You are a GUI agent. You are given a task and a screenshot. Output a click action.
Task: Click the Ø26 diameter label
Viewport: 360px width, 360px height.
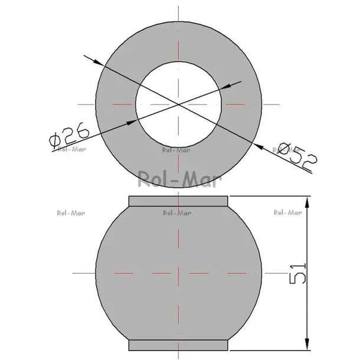(69, 135)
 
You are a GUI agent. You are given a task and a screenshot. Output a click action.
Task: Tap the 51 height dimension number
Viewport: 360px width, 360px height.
(298, 274)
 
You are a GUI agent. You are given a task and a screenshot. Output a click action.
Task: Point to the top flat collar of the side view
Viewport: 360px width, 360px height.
(178, 201)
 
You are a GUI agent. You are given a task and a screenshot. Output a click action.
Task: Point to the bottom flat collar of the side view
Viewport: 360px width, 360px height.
(178, 345)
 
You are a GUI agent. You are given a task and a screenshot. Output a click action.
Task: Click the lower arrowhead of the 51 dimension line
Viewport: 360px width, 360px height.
(307, 343)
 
